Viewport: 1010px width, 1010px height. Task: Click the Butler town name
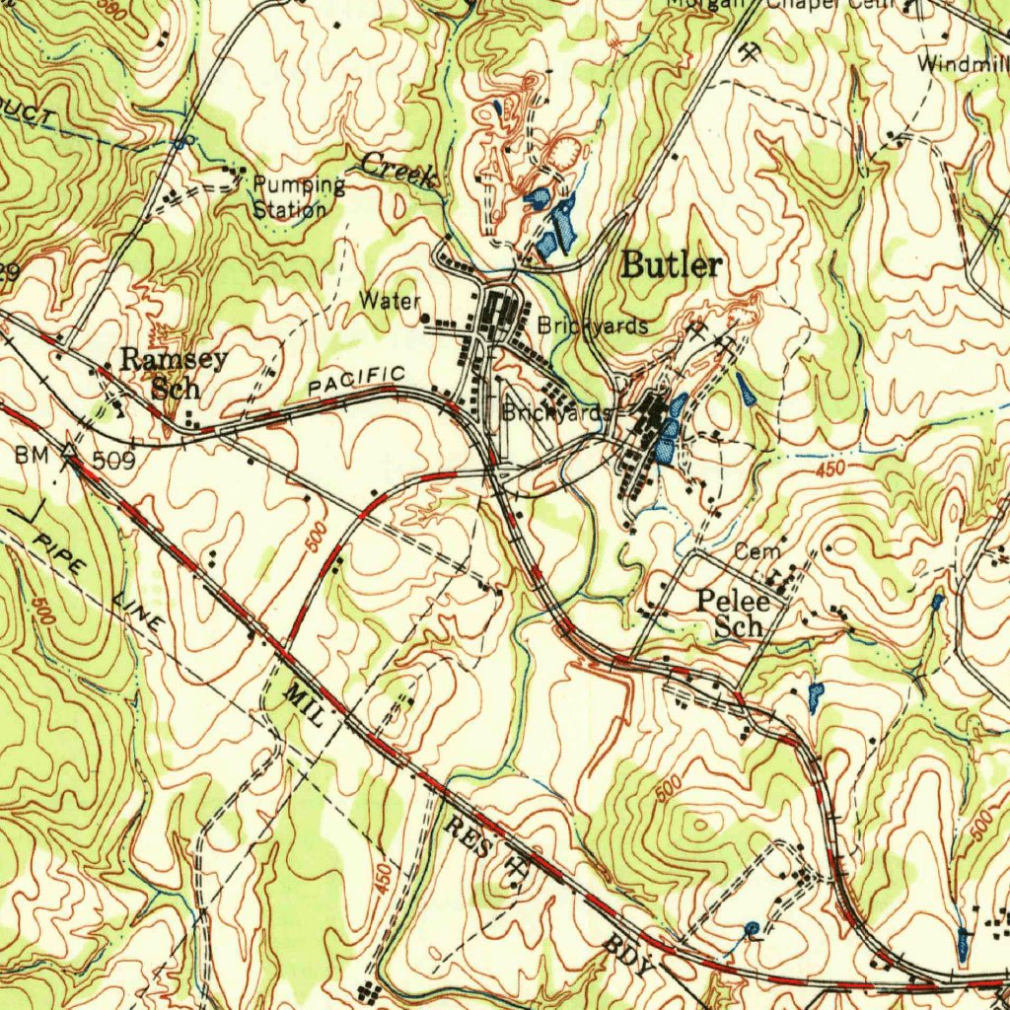tap(672, 265)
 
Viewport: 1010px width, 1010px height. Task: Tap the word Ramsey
tap(174, 359)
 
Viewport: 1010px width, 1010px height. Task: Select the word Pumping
tap(299, 185)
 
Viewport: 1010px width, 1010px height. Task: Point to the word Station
tap(289, 209)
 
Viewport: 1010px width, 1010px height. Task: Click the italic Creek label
tap(397, 170)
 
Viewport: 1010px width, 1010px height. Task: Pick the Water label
tap(390, 300)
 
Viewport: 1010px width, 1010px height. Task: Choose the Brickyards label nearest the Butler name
tap(593, 325)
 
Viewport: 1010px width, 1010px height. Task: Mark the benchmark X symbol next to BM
tap(70, 454)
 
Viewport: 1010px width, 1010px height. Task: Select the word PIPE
tap(60, 556)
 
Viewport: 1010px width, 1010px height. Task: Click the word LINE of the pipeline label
tap(138, 613)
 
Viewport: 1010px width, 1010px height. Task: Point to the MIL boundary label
tap(303, 705)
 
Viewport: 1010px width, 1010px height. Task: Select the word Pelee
tap(732, 600)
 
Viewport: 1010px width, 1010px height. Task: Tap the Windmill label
tap(962, 65)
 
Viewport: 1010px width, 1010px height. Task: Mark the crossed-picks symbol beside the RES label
tap(515, 868)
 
